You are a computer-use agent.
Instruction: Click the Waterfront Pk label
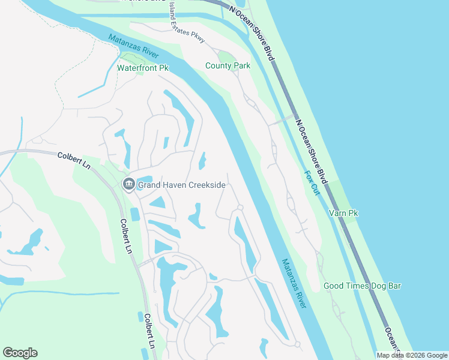(142, 68)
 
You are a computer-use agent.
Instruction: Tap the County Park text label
(228, 65)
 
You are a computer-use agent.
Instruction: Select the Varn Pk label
(343, 213)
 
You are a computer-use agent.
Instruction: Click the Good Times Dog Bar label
(362, 286)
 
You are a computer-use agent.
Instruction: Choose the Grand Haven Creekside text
(181, 185)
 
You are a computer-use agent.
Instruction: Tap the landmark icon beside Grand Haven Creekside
(128, 184)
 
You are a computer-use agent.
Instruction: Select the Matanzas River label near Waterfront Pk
(133, 46)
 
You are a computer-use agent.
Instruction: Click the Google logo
(20, 353)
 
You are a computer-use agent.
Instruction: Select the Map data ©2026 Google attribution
(412, 355)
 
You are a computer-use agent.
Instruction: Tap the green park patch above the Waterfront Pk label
(133, 58)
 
